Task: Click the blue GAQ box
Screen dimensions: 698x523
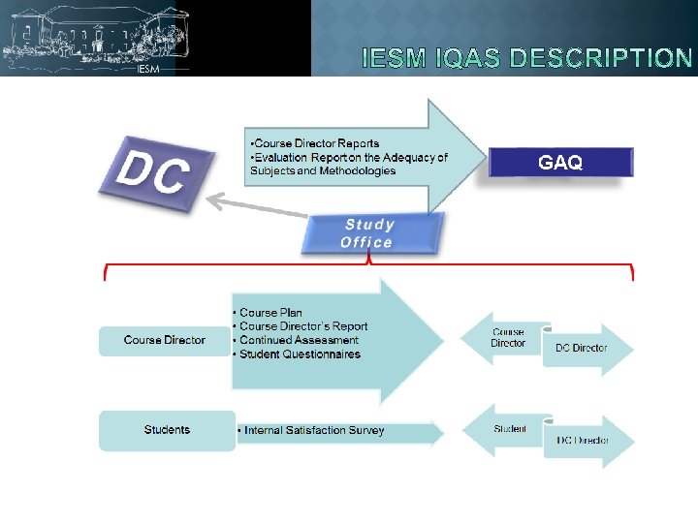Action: click(560, 162)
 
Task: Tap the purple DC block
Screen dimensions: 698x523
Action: click(155, 173)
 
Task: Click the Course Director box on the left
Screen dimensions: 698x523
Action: click(165, 340)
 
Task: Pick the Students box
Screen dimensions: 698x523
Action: click(167, 430)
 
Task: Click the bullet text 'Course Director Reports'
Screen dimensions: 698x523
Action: click(316, 143)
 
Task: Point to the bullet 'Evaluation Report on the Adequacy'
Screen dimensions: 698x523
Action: click(349, 157)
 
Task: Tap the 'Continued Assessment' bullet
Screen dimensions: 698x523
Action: click(298, 340)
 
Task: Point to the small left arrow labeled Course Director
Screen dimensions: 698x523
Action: click(507, 338)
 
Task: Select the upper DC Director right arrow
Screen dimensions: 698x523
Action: click(584, 349)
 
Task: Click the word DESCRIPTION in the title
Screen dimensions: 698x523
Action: click(602, 58)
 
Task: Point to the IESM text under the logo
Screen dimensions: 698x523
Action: click(148, 70)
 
